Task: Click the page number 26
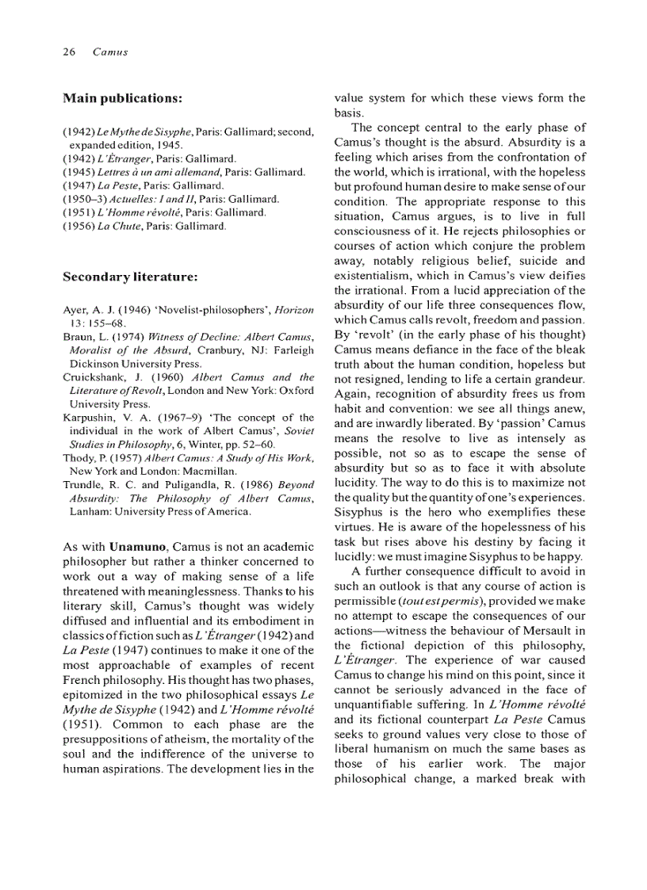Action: coord(68,52)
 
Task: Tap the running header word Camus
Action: coord(110,52)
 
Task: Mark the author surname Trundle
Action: coord(82,484)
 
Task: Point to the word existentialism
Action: coord(372,275)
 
